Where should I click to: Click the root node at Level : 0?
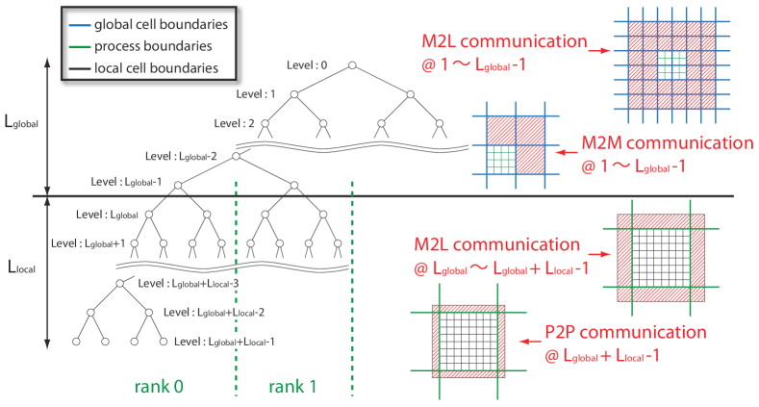click(352, 65)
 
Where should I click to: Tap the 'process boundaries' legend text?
click(153, 46)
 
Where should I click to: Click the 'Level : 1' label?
click(256, 94)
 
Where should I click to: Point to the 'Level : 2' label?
click(234, 123)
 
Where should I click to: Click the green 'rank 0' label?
click(159, 387)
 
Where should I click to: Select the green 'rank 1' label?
click(292, 387)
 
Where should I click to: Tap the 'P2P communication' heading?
click(625, 332)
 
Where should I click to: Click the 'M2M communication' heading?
click(668, 142)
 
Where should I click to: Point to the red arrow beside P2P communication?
click(530, 342)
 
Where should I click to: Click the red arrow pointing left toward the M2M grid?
click(567, 152)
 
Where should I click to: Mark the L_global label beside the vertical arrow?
click(21, 121)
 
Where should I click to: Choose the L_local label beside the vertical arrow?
click(22, 267)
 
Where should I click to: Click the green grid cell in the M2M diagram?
click(501, 160)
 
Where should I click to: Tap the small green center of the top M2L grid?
click(671, 64)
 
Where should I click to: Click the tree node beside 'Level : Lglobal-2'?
click(236, 156)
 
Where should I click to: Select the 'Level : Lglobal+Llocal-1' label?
click(224, 342)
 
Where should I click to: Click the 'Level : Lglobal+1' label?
click(89, 243)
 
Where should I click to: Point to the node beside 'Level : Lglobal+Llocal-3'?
click(119, 284)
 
